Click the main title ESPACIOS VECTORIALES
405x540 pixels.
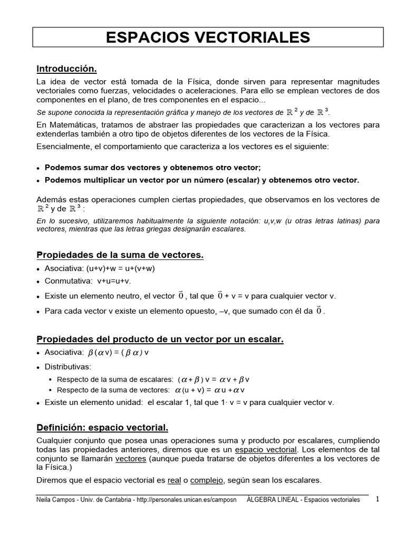coord(208,37)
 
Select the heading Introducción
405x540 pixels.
coord(66,69)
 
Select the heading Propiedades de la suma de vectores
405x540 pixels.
coord(120,255)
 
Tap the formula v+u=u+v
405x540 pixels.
coord(113,281)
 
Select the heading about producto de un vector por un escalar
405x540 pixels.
coord(160,340)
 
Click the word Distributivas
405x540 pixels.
coord(68,366)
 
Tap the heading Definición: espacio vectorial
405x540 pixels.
coord(102,427)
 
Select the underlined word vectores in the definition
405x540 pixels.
coord(131,459)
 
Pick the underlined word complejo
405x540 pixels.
coord(207,480)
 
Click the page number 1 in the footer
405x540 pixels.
coord(378,499)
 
